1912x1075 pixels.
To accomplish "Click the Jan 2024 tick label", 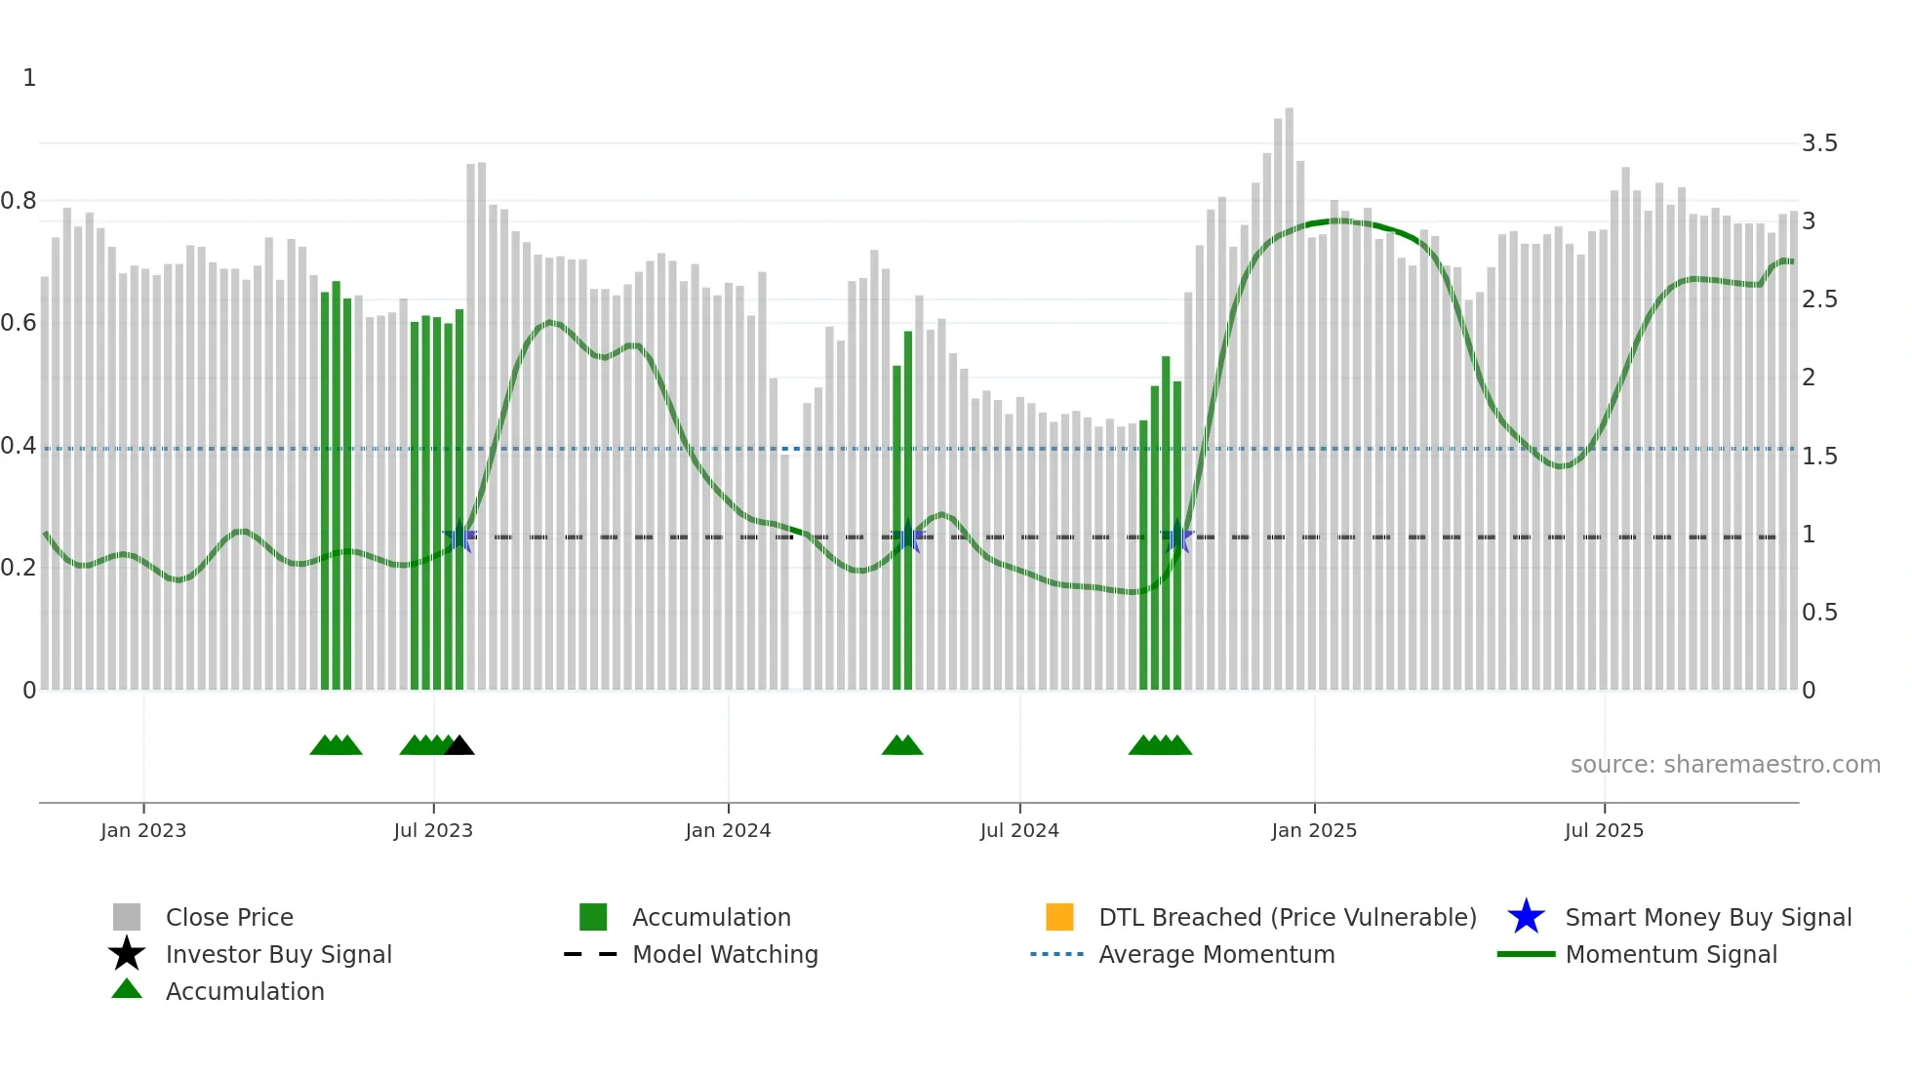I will pos(728,830).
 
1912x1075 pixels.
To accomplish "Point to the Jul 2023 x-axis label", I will pos(433,830).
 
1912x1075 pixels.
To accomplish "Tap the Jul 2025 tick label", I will pos(1604,830).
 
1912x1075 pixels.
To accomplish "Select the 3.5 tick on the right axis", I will pos(1819,143).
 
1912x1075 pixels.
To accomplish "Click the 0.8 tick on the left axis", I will pos(19,201).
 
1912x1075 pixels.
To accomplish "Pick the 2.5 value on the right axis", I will pos(1819,299).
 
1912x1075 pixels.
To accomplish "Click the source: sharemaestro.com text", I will pos(1725,764).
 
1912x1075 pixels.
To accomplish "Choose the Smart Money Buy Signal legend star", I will pos(1526,917).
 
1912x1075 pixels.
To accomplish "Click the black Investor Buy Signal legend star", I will pos(127,954).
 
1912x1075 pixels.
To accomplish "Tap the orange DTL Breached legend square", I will pos(1059,917).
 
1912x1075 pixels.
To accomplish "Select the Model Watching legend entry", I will pos(725,954).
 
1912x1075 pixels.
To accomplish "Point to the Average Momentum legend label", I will pos(1216,954).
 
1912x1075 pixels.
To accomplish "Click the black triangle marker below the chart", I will pos(459,746).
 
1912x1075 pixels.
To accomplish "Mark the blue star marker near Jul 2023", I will pos(459,537).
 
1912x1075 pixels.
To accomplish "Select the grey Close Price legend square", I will pos(127,917).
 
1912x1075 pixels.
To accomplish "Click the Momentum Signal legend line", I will pos(1526,954).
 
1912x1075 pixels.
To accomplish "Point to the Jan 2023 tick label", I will pos(143,830).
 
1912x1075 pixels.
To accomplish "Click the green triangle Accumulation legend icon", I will pos(127,989).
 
